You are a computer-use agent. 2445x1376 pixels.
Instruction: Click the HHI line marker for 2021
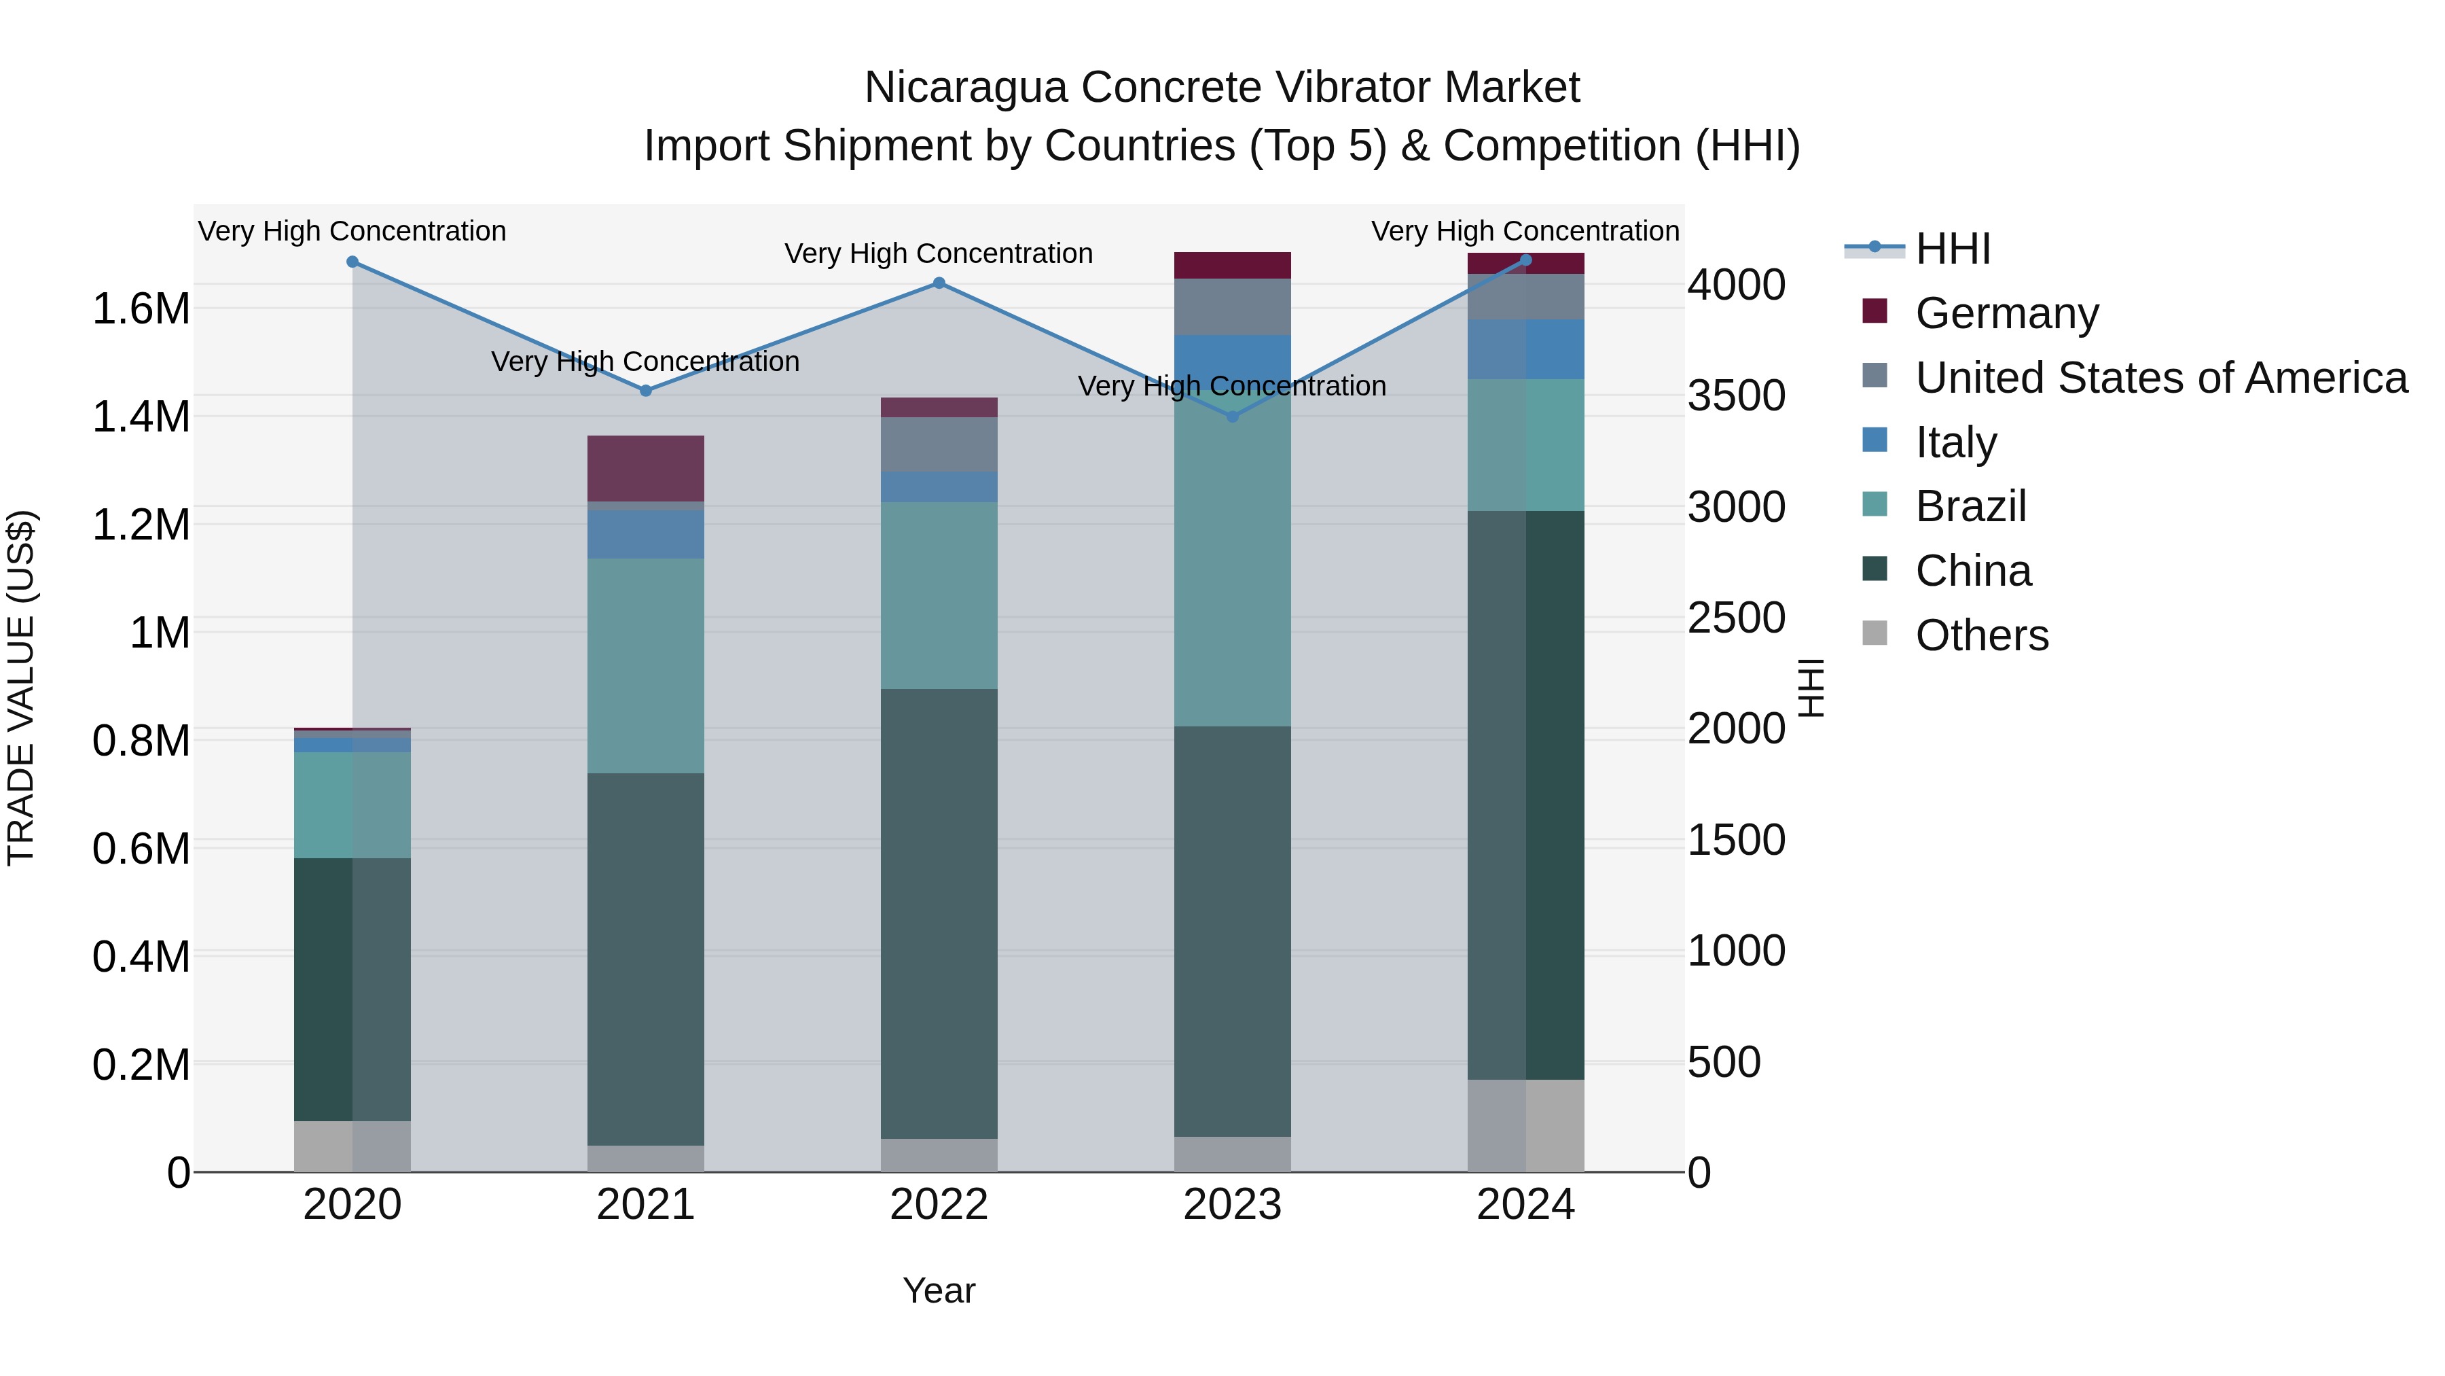pos(645,390)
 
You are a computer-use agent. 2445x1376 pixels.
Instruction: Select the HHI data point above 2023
pos(1233,416)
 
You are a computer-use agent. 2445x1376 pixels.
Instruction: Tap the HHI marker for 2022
pos(939,282)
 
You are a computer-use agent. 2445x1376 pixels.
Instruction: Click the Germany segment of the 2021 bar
pos(645,468)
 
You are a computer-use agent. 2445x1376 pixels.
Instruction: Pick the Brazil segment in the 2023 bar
pos(1233,570)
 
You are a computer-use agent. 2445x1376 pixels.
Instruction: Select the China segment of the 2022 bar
pos(939,912)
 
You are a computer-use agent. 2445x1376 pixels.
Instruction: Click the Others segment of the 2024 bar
pos(1525,1125)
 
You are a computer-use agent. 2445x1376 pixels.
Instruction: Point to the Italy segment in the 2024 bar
pos(1525,349)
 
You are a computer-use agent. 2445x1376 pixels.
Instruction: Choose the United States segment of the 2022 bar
pos(939,444)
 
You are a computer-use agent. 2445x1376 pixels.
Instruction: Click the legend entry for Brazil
pos(1970,506)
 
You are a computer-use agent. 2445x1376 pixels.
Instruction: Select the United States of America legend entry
pos(2160,377)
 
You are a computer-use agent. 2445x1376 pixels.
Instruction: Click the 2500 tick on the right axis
pos(1736,618)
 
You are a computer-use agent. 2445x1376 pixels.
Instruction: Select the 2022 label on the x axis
pos(939,1205)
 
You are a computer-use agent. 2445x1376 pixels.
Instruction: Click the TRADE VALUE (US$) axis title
pos(21,688)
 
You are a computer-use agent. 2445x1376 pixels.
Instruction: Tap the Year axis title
pos(939,1290)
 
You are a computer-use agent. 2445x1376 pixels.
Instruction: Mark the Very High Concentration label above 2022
pos(939,253)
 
